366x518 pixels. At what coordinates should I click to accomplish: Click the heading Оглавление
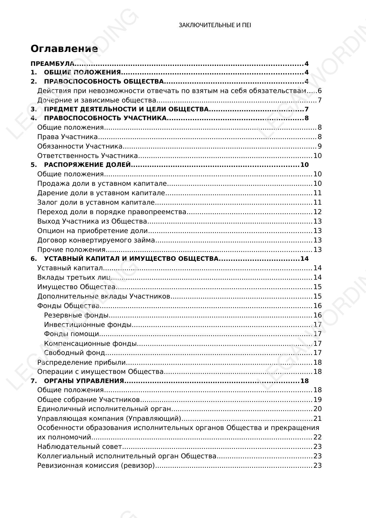click(64, 49)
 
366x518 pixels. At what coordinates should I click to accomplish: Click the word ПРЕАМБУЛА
click(52, 64)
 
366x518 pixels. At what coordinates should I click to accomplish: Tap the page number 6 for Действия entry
click(319, 91)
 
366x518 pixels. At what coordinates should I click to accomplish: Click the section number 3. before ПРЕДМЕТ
click(33, 109)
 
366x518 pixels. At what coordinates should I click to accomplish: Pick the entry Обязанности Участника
click(80, 146)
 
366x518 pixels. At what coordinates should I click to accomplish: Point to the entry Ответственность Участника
click(87, 156)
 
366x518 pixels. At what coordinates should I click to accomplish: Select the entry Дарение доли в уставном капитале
click(101, 193)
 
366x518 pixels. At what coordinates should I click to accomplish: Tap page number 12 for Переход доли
click(317, 212)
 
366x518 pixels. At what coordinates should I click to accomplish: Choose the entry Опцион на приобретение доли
click(92, 231)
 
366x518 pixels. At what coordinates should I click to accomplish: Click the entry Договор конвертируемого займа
click(96, 240)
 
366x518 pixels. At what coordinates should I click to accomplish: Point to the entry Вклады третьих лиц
click(74, 278)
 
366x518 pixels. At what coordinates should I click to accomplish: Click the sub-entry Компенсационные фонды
click(90, 344)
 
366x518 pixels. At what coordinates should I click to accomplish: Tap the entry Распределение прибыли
click(81, 363)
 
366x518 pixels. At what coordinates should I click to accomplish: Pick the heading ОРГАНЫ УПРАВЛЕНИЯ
click(84, 381)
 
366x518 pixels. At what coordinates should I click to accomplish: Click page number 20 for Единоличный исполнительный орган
click(317, 409)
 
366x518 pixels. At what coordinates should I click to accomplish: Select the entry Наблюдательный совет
click(79, 447)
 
